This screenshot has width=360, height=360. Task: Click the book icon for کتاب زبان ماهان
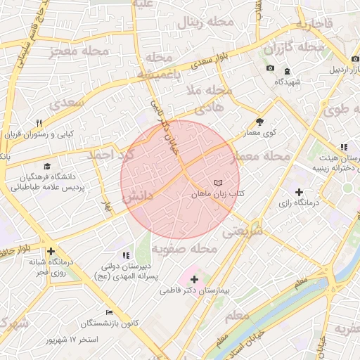(217, 184)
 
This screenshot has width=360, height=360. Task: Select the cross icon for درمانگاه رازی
(300, 192)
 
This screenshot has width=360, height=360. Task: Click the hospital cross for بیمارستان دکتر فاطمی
(194, 280)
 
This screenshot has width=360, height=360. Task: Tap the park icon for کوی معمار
(259, 121)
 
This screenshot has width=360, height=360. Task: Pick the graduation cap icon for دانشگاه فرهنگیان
(47, 167)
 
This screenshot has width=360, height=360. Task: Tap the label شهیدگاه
(288, 82)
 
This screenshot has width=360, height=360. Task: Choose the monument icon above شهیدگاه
(287, 71)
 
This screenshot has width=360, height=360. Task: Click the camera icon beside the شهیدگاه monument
(270, 67)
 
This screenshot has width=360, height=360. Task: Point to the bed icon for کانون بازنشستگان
(109, 312)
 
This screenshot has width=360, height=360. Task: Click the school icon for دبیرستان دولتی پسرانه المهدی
(126, 255)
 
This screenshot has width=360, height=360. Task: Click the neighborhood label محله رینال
(207, 22)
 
